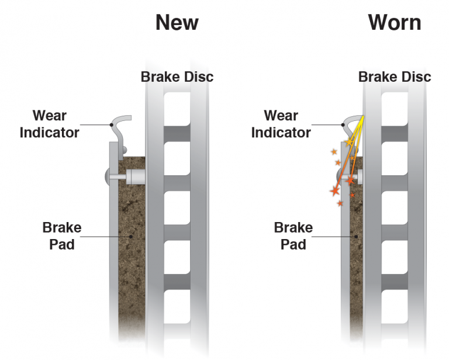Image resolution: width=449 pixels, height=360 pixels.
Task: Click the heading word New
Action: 177,23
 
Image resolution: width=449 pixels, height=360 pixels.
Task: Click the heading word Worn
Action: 395,23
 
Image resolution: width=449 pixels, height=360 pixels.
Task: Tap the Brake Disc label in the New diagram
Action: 177,77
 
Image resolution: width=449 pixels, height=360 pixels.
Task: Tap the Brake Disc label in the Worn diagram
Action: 395,77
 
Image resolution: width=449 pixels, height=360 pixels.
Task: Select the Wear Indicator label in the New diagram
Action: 50,124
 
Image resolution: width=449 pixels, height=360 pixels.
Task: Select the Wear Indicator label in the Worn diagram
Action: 281,124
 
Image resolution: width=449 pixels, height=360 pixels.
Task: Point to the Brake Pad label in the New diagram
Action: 61,236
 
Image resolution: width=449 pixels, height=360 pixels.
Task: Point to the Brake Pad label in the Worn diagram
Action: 293,236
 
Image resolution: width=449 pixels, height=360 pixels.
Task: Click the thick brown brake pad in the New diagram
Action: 132,263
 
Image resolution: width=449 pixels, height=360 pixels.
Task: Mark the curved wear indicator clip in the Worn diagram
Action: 351,123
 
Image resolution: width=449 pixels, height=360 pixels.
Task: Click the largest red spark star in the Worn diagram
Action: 335,191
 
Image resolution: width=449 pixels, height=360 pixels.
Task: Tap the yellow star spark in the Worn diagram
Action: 350,142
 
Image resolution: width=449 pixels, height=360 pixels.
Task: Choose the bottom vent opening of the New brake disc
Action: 177,316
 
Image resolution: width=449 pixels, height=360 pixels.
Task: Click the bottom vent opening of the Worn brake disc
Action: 395,316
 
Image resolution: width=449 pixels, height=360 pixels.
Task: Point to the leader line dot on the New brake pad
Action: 130,236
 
